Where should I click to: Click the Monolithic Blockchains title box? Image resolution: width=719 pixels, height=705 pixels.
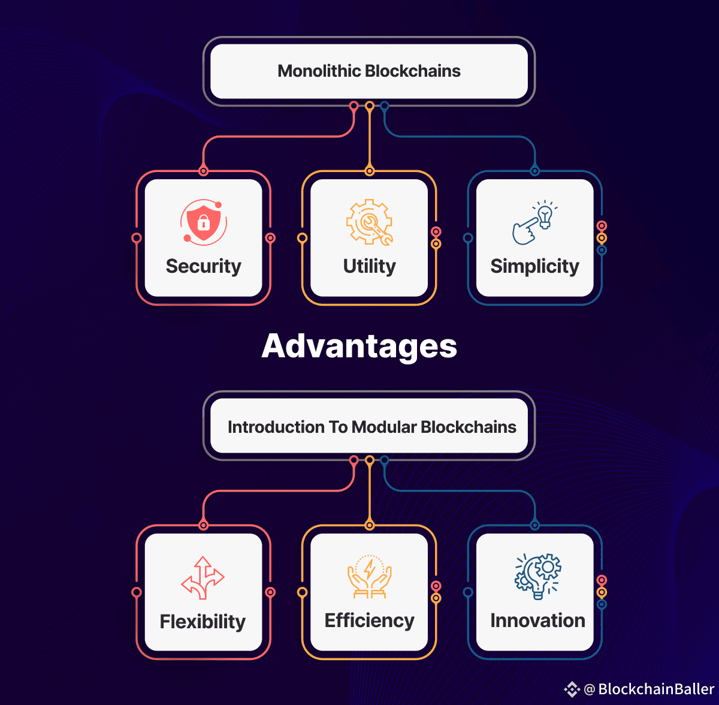tap(369, 71)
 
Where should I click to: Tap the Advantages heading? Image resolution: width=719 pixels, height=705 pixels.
tap(359, 346)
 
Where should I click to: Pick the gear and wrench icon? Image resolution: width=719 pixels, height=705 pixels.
tap(370, 222)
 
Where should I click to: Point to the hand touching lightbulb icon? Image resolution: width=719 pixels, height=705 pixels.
tap(534, 222)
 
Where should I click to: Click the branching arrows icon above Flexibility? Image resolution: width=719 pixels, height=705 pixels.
tap(203, 577)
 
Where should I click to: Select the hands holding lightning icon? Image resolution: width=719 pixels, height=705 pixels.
tap(370, 577)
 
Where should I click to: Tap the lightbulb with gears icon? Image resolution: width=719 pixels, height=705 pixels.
tap(538, 576)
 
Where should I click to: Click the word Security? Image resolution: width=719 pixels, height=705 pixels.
tap(204, 266)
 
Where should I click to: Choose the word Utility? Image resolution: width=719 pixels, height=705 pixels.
tap(370, 266)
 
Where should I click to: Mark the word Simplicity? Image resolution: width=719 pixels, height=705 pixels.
tap(535, 266)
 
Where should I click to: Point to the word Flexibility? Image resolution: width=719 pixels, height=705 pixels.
tap(203, 622)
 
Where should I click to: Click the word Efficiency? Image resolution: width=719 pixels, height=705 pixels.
tap(370, 620)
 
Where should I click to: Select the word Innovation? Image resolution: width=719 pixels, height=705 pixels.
tap(538, 620)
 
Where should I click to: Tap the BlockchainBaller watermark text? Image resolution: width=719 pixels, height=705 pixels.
tap(656, 689)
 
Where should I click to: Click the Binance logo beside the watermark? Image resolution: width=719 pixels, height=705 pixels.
tap(572, 689)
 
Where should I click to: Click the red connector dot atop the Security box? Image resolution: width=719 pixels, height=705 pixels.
tap(204, 171)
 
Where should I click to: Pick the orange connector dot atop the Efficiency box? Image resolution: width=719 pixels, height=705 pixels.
tap(370, 526)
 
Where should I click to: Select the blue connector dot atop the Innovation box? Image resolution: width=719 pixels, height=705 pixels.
tap(535, 526)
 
